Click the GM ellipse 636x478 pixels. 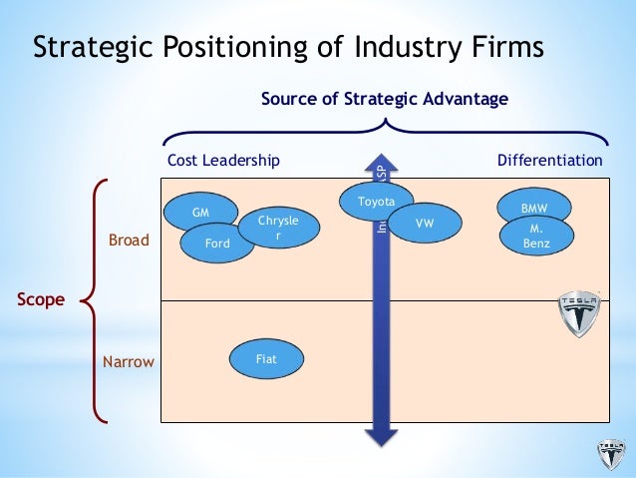[201, 212]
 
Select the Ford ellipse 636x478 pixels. [216, 241]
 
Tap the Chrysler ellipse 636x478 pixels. [279, 227]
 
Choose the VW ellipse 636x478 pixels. [425, 224]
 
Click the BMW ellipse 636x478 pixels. [535, 208]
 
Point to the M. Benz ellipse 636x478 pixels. [537, 236]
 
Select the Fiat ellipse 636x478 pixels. [266, 359]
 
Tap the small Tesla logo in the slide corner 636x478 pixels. [609, 455]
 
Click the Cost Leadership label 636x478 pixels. [223, 160]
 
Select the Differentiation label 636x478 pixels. [549, 160]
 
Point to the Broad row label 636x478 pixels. [129, 241]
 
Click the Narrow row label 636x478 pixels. [129, 361]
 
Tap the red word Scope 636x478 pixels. [39, 298]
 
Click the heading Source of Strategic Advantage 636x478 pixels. [385, 99]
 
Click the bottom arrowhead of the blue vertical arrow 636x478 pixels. [380, 435]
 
